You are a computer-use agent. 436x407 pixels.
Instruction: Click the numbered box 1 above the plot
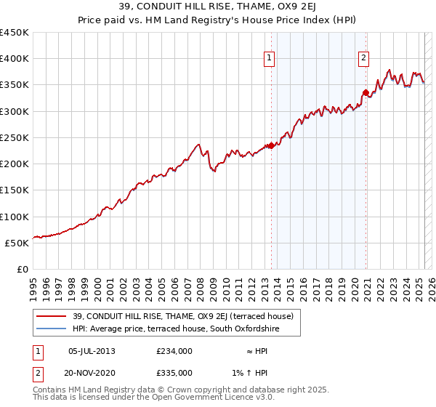pyautogui.click(x=270, y=60)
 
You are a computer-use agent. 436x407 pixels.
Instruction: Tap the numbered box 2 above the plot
pyautogui.click(x=363, y=60)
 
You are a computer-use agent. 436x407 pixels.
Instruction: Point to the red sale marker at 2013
pyautogui.click(x=271, y=146)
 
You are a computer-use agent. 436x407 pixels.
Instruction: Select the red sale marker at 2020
pyautogui.click(x=366, y=92)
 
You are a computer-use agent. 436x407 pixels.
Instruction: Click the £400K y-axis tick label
pyautogui.click(x=15, y=59)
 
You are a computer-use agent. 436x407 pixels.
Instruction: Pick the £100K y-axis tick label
pyautogui.click(x=15, y=217)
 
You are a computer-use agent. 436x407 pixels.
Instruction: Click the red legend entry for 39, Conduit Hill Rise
pyautogui.click(x=182, y=316)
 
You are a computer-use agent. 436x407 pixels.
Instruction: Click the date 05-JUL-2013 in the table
pyautogui.click(x=92, y=351)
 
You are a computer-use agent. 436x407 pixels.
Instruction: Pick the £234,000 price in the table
pyautogui.click(x=174, y=351)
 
